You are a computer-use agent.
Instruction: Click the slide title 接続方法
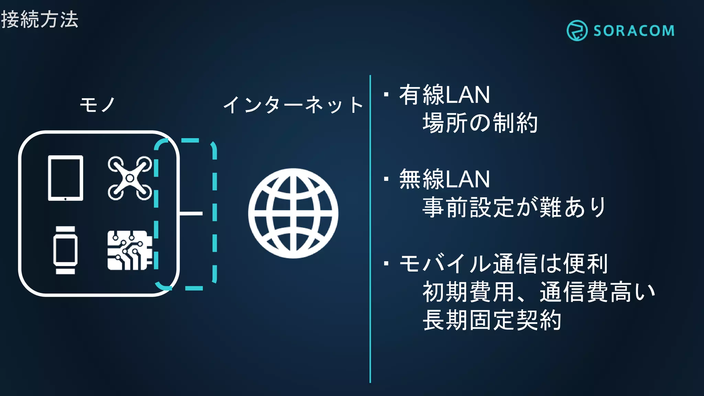click(40, 19)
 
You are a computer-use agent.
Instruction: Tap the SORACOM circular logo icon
click(576, 31)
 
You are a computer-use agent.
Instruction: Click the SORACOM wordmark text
click(634, 31)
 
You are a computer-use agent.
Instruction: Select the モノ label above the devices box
click(97, 104)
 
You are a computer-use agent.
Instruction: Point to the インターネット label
click(293, 105)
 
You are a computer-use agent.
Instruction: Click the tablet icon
click(65, 178)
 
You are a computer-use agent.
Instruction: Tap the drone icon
click(130, 178)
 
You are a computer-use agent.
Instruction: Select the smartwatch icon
click(65, 250)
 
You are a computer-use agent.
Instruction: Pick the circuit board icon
click(130, 250)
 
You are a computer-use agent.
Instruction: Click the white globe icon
click(293, 213)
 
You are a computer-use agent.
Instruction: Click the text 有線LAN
click(444, 95)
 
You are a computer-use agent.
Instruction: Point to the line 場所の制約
click(480, 123)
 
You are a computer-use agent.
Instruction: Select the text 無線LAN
click(444, 179)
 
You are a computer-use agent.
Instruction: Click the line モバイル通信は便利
click(503, 264)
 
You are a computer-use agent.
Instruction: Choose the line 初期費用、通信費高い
click(538, 292)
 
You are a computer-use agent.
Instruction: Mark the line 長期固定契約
click(492, 320)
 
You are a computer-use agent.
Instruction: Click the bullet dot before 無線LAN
click(386, 179)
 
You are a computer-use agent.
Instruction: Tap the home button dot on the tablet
click(65, 199)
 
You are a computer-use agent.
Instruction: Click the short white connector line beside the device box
click(191, 213)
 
